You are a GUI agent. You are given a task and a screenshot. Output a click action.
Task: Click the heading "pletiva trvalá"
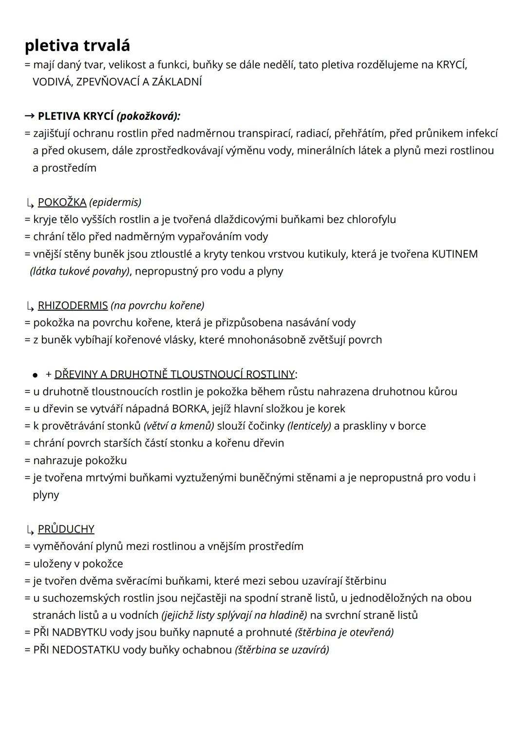point(77,45)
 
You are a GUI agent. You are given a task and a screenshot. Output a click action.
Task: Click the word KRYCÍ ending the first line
point(451,65)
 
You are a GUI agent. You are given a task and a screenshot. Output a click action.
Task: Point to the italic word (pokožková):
point(148,116)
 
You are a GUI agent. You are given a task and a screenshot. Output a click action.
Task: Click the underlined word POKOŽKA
point(62,202)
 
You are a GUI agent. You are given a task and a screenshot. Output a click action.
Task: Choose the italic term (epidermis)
point(115,202)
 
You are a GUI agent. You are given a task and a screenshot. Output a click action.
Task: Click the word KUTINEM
point(454,254)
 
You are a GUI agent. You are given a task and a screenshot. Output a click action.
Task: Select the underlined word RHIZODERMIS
point(73,305)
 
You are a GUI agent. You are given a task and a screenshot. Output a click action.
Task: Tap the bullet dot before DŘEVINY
point(35,375)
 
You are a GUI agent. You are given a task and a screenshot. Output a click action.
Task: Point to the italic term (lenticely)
point(309,426)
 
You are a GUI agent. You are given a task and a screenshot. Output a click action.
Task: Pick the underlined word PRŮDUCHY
point(66,529)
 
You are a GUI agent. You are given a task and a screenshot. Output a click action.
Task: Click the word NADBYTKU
point(79,632)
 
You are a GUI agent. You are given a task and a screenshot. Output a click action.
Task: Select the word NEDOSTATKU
point(85,650)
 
